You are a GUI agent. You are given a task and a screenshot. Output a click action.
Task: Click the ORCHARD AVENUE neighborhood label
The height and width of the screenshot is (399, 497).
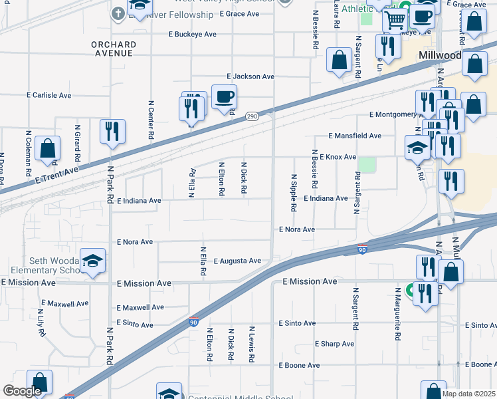point(114,49)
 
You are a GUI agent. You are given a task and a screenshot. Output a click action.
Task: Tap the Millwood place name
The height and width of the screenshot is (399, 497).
point(440,56)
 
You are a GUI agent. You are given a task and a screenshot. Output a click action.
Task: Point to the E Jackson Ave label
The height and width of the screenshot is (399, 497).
point(250,77)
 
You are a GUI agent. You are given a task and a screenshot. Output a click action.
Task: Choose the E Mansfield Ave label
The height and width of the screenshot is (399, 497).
point(355,136)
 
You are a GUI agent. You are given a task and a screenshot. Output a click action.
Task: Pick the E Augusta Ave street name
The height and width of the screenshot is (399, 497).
point(237,261)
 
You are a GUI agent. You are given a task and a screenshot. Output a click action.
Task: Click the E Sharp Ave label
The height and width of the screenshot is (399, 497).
point(334,344)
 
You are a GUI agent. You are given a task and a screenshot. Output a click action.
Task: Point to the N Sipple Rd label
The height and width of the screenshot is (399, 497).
point(293,194)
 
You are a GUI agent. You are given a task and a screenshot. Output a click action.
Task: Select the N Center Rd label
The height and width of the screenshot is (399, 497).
point(151,120)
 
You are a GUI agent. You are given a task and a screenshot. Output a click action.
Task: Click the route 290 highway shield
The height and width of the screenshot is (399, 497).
point(252,116)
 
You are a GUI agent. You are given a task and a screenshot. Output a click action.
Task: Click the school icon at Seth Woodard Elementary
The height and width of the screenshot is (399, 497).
point(92,261)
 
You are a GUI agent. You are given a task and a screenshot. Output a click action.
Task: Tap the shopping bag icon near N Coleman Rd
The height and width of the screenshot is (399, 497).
point(48,149)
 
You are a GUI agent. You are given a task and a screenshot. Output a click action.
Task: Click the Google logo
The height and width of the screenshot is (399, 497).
point(23,392)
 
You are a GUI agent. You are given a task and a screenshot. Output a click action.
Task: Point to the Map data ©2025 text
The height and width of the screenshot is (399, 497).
point(468,394)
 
